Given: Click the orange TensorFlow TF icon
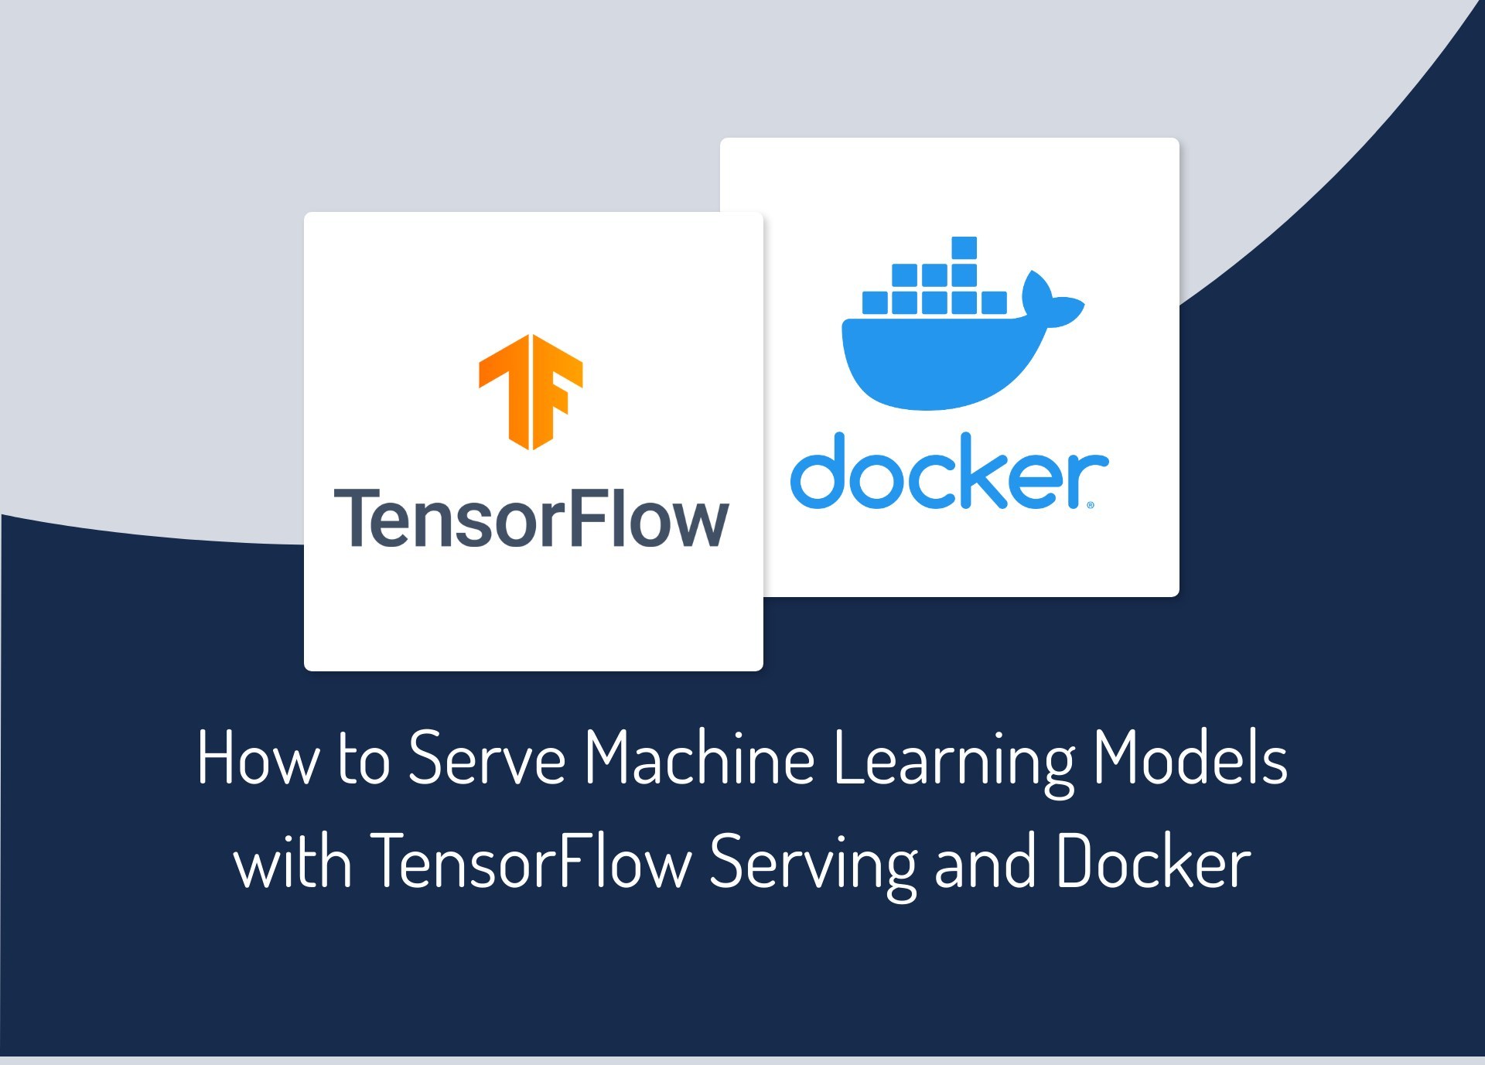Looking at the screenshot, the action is point(531,391).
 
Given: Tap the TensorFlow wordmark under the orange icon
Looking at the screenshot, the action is point(531,519).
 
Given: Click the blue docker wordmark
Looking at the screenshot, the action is point(948,472).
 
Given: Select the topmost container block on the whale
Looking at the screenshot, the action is point(964,248).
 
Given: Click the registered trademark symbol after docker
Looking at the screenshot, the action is point(1091,505).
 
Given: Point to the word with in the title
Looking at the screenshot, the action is point(293,862).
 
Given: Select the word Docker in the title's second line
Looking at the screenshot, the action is point(1152,862).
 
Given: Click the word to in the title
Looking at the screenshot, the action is point(364,759).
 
